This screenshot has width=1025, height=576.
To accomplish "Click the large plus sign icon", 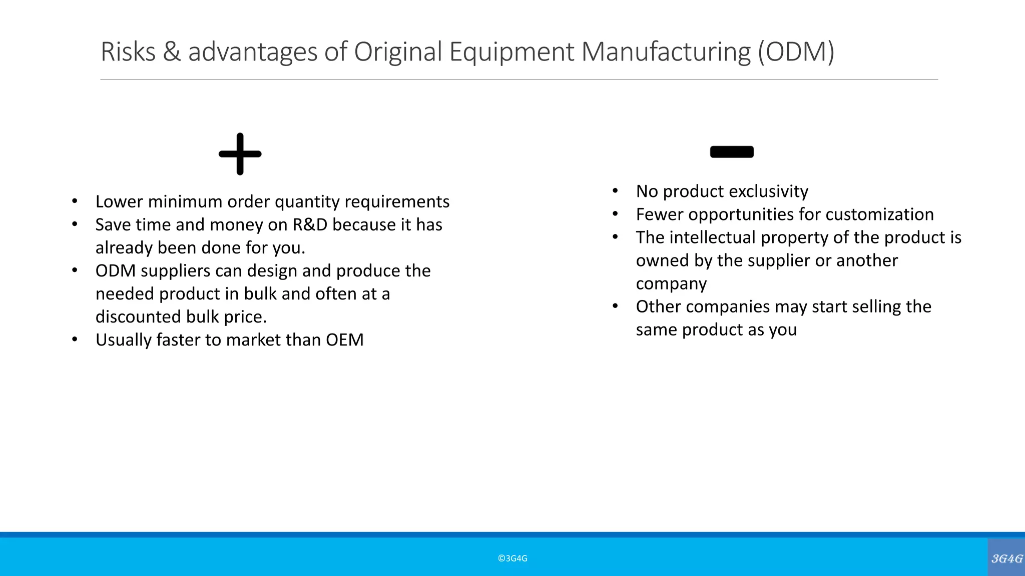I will point(240,154).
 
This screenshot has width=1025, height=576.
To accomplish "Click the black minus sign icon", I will point(732,151).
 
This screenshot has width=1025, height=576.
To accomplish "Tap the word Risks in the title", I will point(128,51).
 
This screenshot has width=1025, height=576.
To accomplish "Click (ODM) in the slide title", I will point(796,51).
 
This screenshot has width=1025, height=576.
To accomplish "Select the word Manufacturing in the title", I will point(666,51).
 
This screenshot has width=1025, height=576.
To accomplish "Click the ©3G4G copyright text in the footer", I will point(512,558).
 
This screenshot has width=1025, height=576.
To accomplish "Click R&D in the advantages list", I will point(310,225).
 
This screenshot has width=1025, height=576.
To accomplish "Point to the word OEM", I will point(345,340).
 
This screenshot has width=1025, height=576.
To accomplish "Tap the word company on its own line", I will point(671,283).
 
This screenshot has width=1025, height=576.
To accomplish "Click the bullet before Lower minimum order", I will point(75,201).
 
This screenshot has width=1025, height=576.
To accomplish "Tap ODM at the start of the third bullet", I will point(116,271).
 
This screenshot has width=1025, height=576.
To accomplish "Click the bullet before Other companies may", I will point(615,306).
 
